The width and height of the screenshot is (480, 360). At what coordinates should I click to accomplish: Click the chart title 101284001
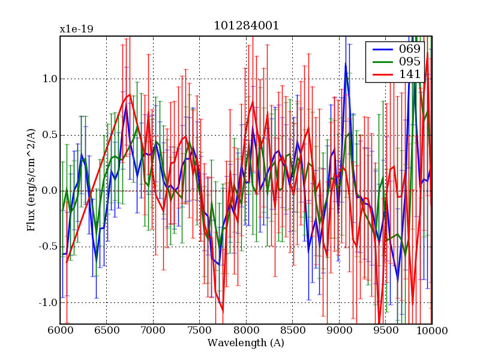coord(246,26)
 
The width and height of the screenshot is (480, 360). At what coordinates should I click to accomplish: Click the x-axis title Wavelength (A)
coord(246,343)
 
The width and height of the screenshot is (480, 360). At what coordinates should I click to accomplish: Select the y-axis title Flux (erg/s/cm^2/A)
coord(31,180)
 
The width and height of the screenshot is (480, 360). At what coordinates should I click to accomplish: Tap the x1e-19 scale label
coord(76,29)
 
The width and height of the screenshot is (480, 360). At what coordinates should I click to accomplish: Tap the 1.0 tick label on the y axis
coord(50,79)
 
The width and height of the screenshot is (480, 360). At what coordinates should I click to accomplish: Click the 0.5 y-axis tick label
coord(50,135)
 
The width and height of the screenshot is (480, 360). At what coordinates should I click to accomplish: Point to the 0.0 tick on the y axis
coord(50,191)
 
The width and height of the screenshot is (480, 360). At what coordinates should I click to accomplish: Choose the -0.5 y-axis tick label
coord(48,247)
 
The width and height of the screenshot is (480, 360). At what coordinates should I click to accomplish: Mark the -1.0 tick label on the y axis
coord(48,303)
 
